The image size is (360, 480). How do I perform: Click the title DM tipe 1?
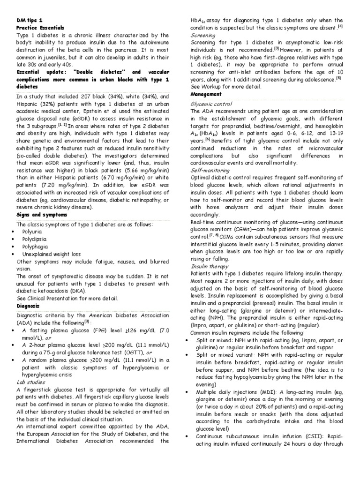click(30, 21)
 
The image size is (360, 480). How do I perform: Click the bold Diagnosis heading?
click(28, 306)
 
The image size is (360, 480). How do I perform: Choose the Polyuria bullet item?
click(32, 231)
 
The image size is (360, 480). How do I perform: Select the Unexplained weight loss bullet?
click(51, 254)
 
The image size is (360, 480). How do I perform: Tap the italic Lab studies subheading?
click(31, 382)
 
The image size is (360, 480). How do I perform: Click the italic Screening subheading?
click(203, 35)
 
